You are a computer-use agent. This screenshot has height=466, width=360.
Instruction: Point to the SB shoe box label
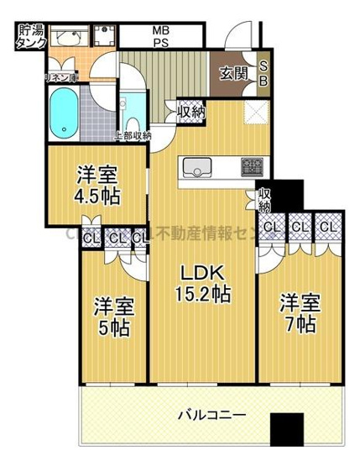click(x=262, y=74)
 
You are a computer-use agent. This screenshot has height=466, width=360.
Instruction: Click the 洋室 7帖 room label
click(x=298, y=312)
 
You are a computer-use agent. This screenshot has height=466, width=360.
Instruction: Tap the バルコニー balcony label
click(x=211, y=415)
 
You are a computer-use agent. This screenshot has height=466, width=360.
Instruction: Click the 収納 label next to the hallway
click(x=190, y=110)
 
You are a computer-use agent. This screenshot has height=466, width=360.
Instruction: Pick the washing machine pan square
click(x=106, y=38)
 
